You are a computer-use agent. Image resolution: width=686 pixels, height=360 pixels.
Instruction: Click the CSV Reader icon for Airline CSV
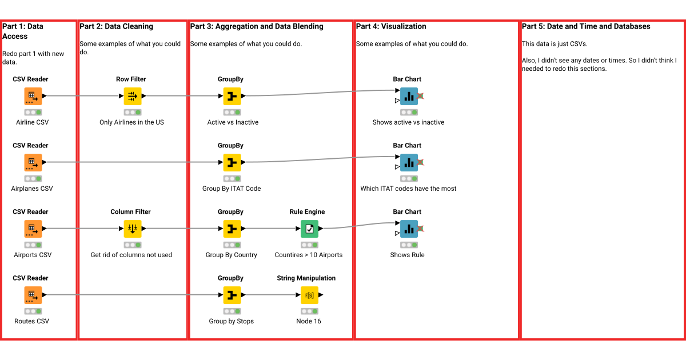33,96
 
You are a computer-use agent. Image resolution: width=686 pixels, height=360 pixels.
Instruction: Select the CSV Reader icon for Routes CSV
33,295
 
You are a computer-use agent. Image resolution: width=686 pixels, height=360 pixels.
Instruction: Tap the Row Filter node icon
132,96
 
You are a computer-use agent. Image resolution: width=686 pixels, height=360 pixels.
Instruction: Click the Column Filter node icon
132,229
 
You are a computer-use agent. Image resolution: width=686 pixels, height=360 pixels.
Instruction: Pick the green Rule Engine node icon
309,229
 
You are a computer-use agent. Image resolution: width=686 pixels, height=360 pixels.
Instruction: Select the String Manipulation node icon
309,295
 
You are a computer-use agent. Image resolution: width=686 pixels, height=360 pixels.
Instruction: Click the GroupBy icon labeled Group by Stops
232,295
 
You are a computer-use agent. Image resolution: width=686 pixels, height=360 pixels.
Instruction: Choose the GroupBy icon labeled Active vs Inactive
232,96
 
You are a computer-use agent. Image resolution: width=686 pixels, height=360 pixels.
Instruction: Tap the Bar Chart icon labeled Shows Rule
408,229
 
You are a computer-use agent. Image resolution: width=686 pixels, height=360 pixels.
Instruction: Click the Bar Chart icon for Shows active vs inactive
408,96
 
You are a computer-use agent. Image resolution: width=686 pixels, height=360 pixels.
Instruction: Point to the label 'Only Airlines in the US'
131,122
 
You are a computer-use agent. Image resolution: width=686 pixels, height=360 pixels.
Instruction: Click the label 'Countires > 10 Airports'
309,255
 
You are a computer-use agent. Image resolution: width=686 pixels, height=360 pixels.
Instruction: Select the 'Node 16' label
309,321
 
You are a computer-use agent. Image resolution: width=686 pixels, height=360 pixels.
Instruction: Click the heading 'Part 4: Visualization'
391,26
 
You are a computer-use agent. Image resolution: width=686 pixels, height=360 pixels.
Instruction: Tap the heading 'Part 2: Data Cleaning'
117,26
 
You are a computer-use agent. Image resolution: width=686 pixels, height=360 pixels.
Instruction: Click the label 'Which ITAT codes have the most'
408,189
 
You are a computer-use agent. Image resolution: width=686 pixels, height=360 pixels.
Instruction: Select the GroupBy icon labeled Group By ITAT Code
232,162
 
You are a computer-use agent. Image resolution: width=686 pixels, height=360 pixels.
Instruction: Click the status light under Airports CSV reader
33,245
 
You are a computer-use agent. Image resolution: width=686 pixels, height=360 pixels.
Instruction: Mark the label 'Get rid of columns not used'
131,255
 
